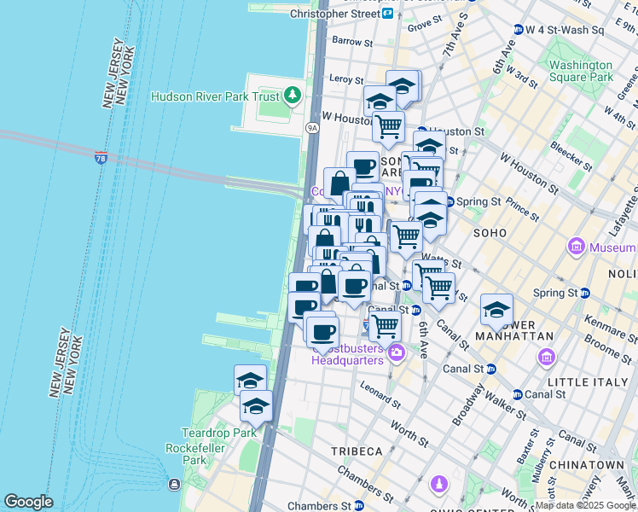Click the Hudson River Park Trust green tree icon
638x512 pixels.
[x=293, y=93]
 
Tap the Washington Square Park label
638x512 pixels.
[x=581, y=71]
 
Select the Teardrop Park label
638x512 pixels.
[x=207, y=433]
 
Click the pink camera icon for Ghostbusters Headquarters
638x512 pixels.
[x=396, y=352]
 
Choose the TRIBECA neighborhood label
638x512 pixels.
[x=357, y=451]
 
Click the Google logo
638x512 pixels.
[x=28, y=502]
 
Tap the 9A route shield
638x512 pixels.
[x=312, y=128]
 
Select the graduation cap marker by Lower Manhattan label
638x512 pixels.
[x=496, y=311]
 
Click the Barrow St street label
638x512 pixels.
[x=347, y=40]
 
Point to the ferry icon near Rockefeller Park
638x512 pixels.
[x=174, y=484]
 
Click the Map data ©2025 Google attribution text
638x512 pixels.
[x=585, y=505]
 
